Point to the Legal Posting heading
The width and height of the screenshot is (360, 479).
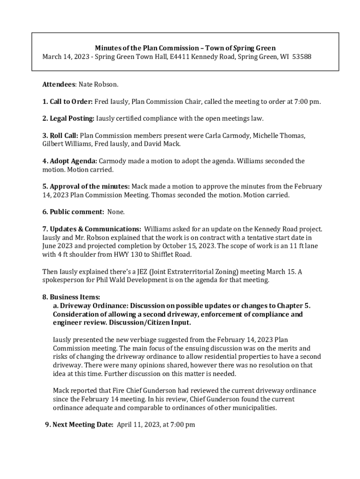68,118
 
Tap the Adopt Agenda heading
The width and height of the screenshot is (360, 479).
70,161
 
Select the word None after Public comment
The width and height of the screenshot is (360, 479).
116,212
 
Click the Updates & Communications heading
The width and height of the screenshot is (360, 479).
92,229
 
